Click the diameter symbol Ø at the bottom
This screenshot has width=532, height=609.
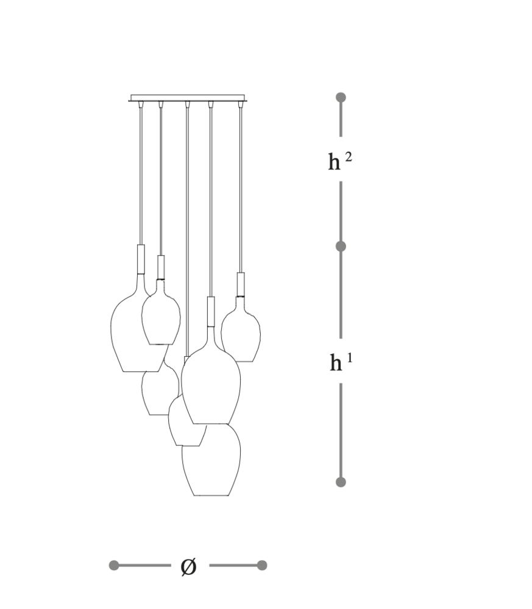coord(189,566)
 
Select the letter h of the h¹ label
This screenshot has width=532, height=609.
coord(336,363)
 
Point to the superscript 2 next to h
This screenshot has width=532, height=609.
coord(348,157)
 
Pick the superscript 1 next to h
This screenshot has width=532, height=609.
coord(350,357)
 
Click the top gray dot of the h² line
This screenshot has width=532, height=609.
coord(341,97)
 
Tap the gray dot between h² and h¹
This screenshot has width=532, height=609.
coord(341,246)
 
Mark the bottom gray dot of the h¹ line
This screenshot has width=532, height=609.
coord(341,482)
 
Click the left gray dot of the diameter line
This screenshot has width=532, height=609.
coord(114,565)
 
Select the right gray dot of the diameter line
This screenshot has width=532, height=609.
coord(262,565)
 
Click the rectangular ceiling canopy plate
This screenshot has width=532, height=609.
coord(188,98)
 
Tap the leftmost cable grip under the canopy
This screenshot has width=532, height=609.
coord(141,104)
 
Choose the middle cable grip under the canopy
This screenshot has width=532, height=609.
coord(187,104)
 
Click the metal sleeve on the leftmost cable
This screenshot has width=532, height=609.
coord(141,259)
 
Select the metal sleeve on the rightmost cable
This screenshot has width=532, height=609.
coord(241,284)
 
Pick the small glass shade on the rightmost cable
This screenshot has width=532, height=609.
coord(241,329)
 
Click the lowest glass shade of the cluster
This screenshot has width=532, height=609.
coord(211,460)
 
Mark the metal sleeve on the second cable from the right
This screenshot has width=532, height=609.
coord(211,311)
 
